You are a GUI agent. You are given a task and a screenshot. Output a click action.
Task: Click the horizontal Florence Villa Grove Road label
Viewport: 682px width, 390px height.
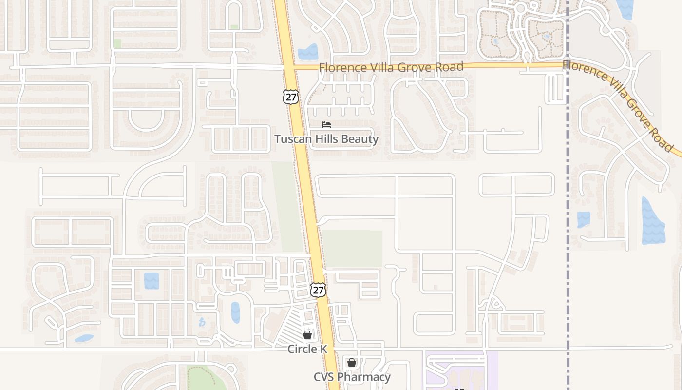click(391, 67)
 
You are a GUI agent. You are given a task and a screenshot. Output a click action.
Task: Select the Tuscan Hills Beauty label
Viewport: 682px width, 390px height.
click(326, 139)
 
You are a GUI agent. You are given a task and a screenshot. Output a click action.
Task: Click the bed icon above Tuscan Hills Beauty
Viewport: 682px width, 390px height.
click(326, 125)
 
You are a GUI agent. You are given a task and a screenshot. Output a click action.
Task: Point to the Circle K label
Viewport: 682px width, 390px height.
click(307, 349)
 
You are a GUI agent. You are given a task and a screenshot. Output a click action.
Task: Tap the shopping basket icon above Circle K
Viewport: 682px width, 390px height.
click(307, 335)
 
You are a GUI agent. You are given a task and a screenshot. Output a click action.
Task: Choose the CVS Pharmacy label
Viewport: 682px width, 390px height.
click(352, 377)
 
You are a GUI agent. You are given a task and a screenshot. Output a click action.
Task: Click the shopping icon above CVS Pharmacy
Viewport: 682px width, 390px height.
click(352, 363)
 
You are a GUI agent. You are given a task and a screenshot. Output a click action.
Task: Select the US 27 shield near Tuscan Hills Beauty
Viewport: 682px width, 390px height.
click(290, 97)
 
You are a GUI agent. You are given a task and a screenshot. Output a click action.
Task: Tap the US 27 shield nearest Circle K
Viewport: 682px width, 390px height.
click(318, 290)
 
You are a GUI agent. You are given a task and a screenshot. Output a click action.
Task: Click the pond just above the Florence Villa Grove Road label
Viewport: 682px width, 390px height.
click(308, 52)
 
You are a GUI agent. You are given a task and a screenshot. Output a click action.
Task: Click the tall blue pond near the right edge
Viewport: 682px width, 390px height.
click(653, 222)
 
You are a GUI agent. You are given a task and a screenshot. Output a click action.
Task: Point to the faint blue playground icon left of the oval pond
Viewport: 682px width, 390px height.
click(202, 322)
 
